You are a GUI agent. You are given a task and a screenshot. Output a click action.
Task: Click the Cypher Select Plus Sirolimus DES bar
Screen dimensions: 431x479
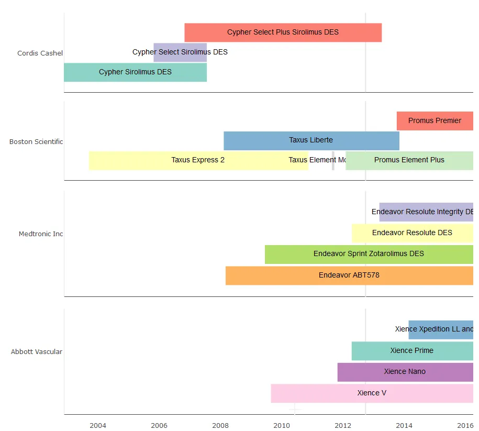click(x=283, y=32)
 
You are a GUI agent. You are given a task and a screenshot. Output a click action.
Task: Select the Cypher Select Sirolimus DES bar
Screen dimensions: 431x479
click(x=180, y=52)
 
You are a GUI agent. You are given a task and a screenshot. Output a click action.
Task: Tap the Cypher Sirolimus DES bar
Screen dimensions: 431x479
click(x=135, y=72)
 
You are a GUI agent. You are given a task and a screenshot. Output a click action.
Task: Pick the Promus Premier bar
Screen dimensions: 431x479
click(x=435, y=121)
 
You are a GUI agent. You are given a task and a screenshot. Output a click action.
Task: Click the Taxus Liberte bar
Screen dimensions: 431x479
click(x=311, y=140)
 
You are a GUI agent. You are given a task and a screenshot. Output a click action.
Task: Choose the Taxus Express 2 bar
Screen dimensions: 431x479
click(x=198, y=160)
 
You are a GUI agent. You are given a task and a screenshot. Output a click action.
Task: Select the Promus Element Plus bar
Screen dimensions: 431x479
click(x=409, y=160)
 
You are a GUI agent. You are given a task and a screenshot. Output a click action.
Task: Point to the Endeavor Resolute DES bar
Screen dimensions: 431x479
click(x=412, y=233)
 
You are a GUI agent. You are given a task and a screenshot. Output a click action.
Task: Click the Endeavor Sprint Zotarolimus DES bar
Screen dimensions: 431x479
click(x=369, y=254)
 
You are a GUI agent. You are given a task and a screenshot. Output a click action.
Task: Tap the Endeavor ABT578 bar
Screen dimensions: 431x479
click(x=349, y=275)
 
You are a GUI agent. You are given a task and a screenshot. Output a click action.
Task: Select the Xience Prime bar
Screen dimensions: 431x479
click(x=412, y=351)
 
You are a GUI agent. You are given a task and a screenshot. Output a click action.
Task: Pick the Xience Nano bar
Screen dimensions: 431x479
click(x=405, y=372)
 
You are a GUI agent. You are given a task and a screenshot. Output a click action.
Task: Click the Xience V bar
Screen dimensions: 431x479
click(x=372, y=393)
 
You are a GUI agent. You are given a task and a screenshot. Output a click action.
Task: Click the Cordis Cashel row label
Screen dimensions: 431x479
click(x=40, y=53)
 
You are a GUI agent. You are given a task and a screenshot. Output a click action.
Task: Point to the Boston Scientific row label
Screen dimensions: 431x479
click(x=36, y=141)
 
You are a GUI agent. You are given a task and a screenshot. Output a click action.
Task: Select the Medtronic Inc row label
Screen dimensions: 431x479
click(x=41, y=234)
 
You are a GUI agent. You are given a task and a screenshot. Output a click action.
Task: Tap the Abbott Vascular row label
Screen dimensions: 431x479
click(x=37, y=351)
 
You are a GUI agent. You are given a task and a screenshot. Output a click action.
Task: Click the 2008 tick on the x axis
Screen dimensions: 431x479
click(x=220, y=425)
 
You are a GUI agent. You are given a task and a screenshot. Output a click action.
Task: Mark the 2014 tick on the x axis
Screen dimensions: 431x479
click(x=404, y=425)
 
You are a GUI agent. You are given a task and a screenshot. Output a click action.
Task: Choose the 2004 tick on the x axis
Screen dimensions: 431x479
click(x=98, y=425)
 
